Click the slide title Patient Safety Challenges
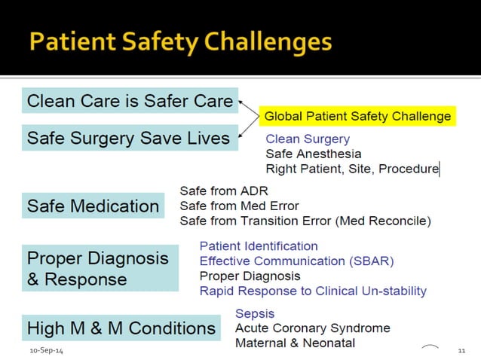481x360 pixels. point(181,41)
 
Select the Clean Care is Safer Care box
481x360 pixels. point(130,101)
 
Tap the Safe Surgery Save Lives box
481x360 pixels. point(128,138)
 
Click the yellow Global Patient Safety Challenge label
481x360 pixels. point(357,116)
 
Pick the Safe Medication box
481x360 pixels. point(93,206)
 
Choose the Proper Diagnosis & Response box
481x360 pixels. point(99,269)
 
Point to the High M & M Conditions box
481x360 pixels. point(121,328)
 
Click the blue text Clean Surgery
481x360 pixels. point(308,139)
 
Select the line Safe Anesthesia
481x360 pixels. point(313,154)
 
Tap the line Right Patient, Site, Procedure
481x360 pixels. point(351,169)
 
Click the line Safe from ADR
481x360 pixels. point(223,191)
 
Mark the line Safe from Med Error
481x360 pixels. point(239,206)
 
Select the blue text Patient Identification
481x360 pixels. point(259,246)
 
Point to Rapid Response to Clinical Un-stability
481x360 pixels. point(313,291)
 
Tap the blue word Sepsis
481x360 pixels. point(255,313)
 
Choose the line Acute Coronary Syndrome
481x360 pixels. point(313,328)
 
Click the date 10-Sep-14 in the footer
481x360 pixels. point(47,352)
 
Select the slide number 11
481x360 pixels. point(462,352)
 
